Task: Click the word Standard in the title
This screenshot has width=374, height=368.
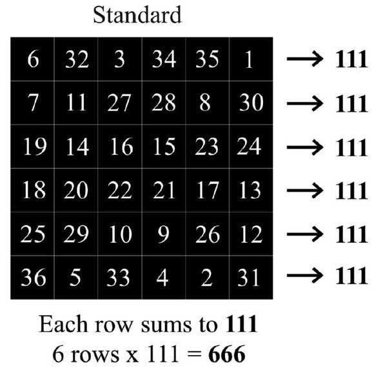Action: [x=137, y=15]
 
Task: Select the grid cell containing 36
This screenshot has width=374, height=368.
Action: [x=32, y=278]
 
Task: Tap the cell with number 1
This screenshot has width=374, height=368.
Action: [x=251, y=59]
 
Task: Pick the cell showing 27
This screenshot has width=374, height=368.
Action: [x=120, y=103]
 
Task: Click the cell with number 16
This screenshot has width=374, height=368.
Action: [x=120, y=147]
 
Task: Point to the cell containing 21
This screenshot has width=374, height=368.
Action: [x=164, y=190]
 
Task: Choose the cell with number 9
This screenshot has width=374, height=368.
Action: [x=164, y=234]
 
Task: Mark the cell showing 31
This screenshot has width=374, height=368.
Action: [x=251, y=278]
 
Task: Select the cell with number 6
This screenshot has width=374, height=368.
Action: [x=32, y=59]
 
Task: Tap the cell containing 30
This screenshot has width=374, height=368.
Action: [x=251, y=103]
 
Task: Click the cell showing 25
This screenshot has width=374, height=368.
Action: [x=32, y=234]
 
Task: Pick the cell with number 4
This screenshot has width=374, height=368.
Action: [x=164, y=278]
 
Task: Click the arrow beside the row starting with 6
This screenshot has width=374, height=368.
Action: [x=305, y=59]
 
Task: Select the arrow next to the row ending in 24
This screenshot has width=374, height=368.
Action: [x=305, y=147]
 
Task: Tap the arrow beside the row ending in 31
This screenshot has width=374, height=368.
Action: [x=305, y=275]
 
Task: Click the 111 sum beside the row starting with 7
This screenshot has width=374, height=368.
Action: [x=351, y=104]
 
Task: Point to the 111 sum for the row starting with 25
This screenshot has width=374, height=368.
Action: [x=351, y=234]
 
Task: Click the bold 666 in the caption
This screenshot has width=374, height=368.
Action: [x=227, y=354]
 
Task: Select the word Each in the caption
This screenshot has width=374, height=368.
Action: [x=63, y=324]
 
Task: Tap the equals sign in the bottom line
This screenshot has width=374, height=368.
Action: [x=194, y=354]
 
